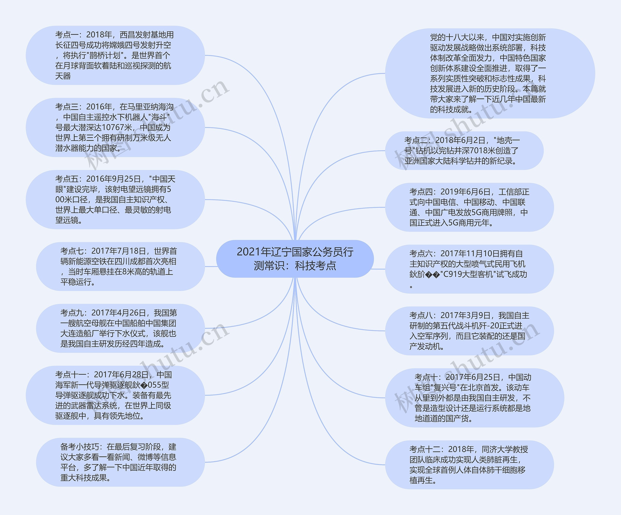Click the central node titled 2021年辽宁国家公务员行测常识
295,259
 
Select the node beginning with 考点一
115,55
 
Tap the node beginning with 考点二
464,151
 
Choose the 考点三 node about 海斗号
115,127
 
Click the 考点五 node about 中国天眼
115,200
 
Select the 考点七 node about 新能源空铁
120,266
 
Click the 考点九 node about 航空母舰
120,328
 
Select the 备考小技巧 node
120,462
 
